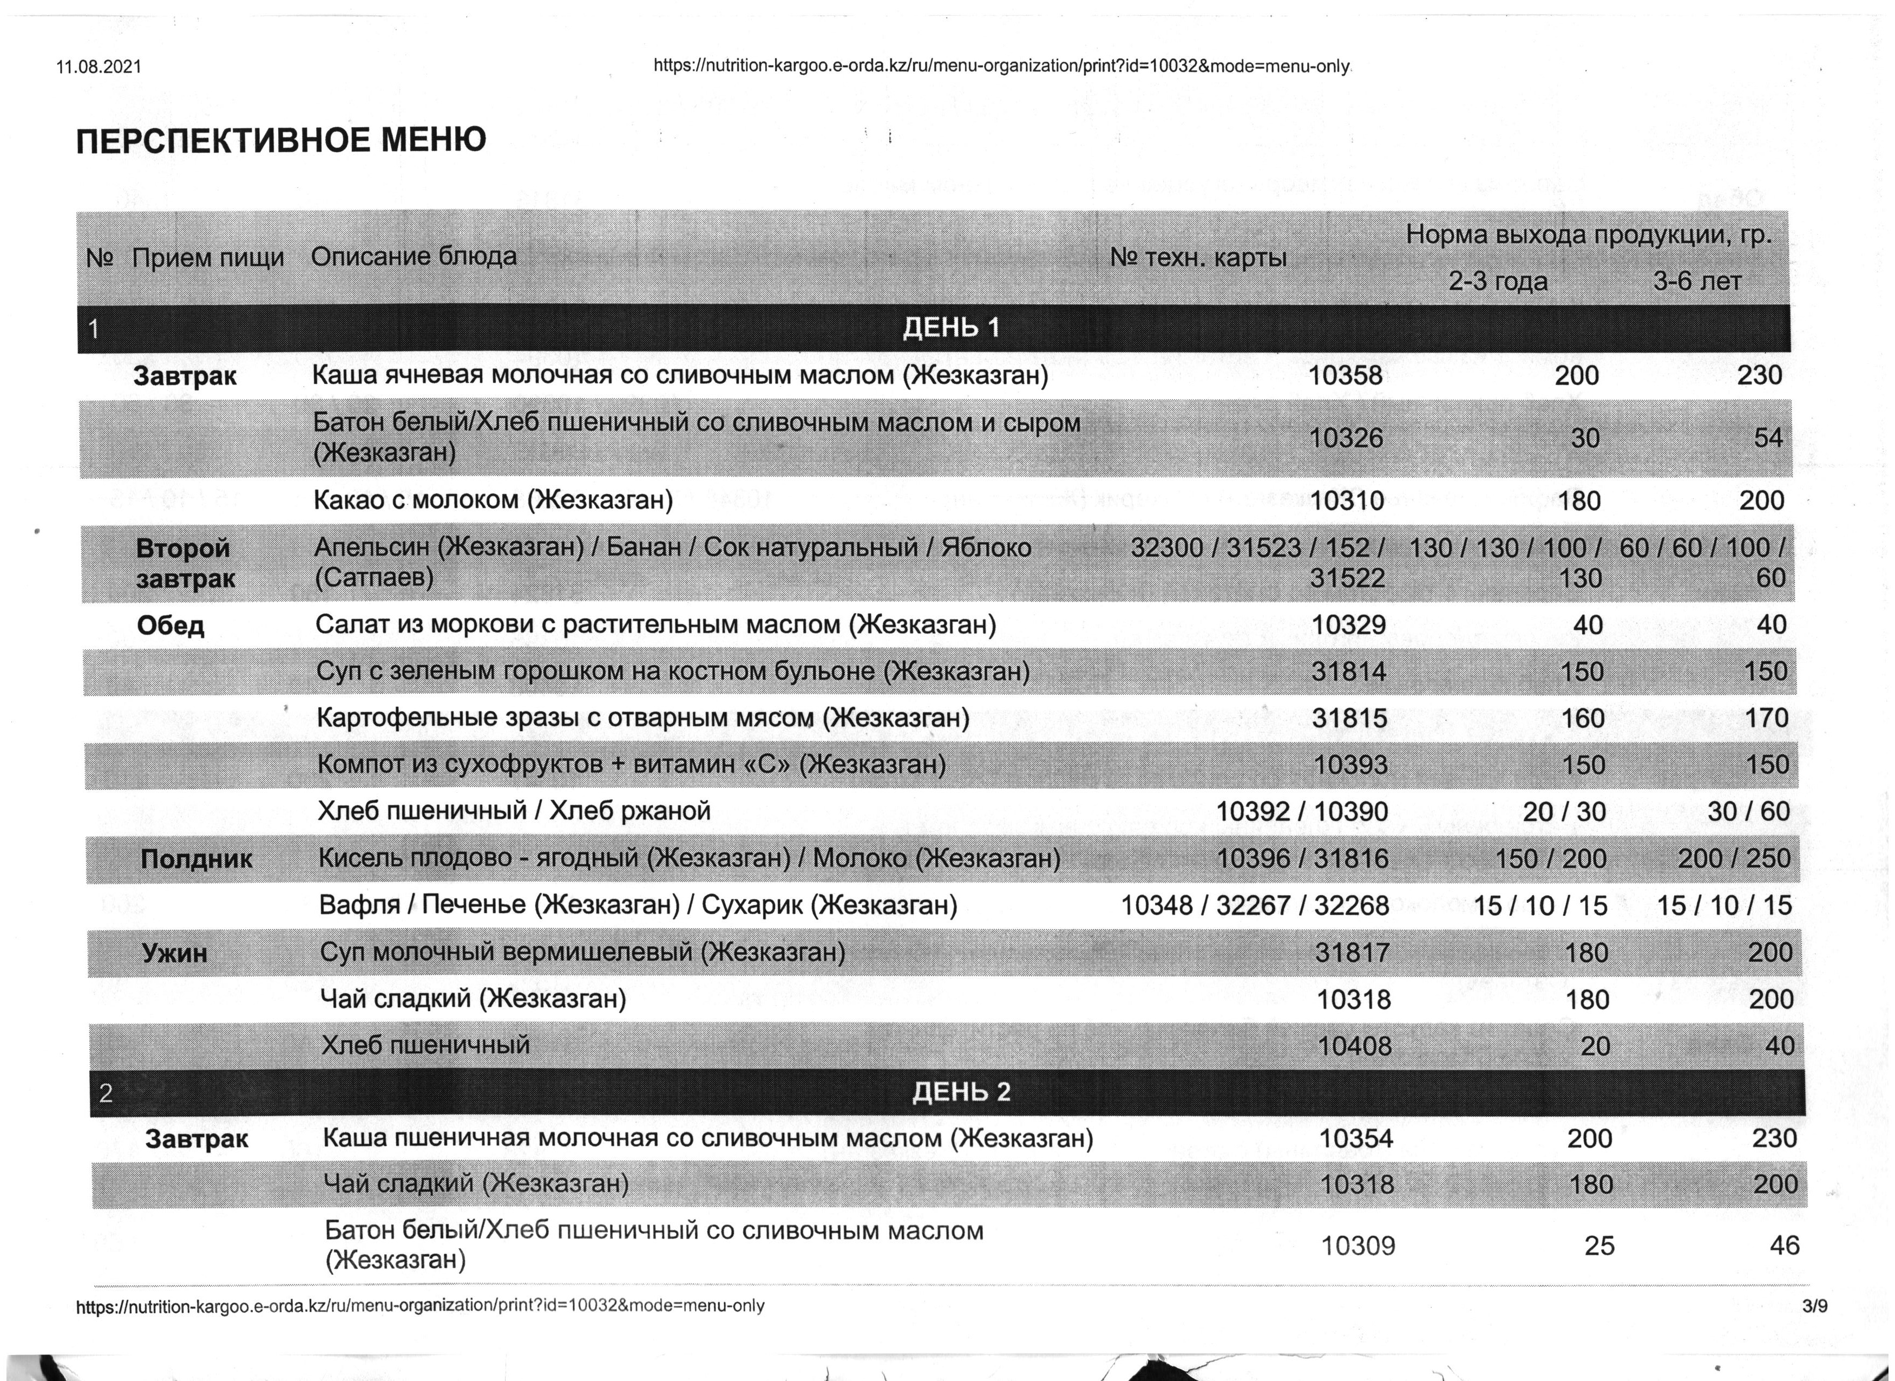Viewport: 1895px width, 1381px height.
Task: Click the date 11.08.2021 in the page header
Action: pyautogui.click(x=99, y=67)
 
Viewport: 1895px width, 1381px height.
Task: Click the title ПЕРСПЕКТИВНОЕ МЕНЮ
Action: pyautogui.click(x=281, y=140)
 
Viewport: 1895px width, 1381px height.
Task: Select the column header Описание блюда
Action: pyautogui.click(x=414, y=256)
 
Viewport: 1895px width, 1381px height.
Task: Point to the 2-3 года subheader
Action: pyautogui.click(x=1497, y=282)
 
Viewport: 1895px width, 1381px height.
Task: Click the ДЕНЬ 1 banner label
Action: pyautogui.click(x=951, y=327)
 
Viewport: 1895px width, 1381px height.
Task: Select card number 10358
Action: pyautogui.click(x=1345, y=375)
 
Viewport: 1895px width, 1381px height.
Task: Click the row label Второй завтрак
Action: pyautogui.click(x=185, y=563)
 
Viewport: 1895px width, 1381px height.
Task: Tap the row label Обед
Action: pyautogui.click(x=171, y=626)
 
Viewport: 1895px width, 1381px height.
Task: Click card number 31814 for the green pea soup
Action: pyautogui.click(x=1348, y=670)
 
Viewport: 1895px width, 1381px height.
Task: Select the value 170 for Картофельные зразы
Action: pyautogui.click(x=1766, y=717)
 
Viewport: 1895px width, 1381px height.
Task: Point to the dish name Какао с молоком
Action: pyautogui.click(x=493, y=500)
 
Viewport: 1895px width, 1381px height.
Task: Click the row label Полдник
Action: pyautogui.click(x=196, y=858)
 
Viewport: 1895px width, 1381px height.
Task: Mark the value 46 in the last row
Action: pyautogui.click(x=1784, y=1246)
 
